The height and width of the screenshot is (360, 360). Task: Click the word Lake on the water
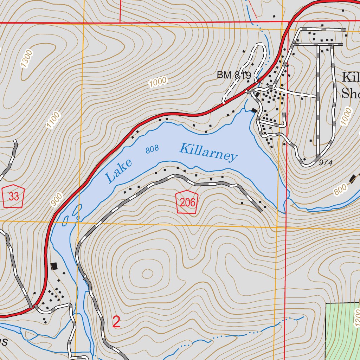(119, 171)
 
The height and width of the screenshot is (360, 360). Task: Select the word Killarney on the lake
(208, 152)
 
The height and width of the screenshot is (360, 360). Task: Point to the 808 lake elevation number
(152, 149)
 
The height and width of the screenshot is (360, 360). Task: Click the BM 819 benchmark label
(234, 75)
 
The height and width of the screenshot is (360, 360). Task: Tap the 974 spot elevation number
(326, 162)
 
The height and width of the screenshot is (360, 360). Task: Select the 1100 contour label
(53, 120)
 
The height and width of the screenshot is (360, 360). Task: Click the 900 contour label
(56, 199)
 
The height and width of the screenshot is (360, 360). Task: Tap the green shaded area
(341, 330)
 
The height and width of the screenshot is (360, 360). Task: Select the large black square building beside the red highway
(54, 266)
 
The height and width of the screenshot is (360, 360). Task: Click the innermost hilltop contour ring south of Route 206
(147, 273)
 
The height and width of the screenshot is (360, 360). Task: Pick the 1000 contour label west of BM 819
(157, 82)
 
